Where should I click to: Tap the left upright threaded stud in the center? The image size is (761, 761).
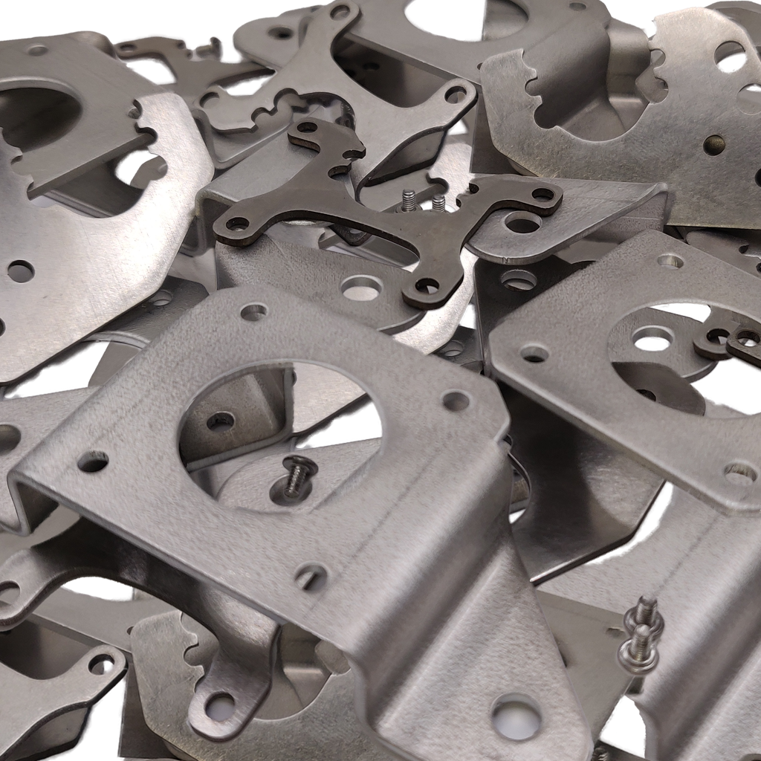tap(409, 200)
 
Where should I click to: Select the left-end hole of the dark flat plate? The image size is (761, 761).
tap(237, 223)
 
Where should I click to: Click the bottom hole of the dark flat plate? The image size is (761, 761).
tap(426, 285)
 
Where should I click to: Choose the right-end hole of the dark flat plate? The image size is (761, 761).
tap(543, 195)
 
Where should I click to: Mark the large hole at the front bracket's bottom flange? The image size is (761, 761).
tap(516, 718)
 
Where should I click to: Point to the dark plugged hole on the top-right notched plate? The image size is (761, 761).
tap(714, 145)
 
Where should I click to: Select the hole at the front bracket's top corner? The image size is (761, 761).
tap(254, 312)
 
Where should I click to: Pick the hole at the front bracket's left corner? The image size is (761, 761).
tap(92, 462)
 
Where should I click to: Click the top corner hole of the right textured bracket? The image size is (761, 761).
tap(670, 261)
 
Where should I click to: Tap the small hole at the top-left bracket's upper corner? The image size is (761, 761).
tap(37, 51)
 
